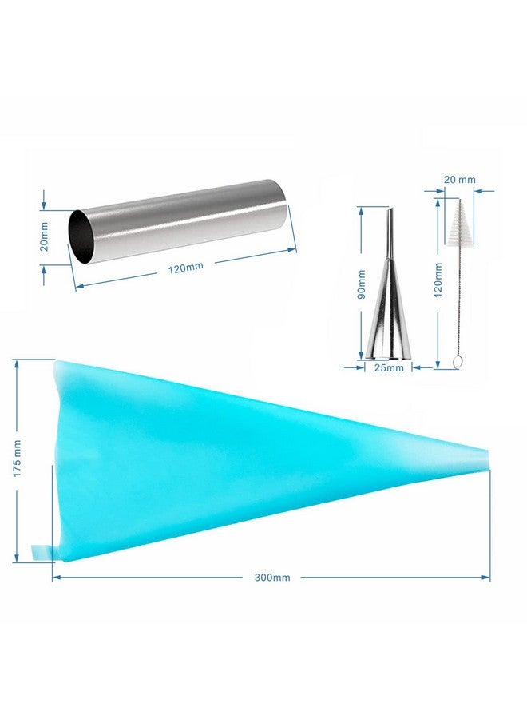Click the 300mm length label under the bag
(x=272, y=578)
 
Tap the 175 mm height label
(x=17, y=459)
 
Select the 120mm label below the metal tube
(x=185, y=268)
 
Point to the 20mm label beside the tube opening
(x=44, y=236)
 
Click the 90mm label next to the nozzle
(x=362, y=284)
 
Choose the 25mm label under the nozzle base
(x=389, y=367)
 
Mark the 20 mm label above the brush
(x=460, y=179)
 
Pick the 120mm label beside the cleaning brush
(x=438, y=280)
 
